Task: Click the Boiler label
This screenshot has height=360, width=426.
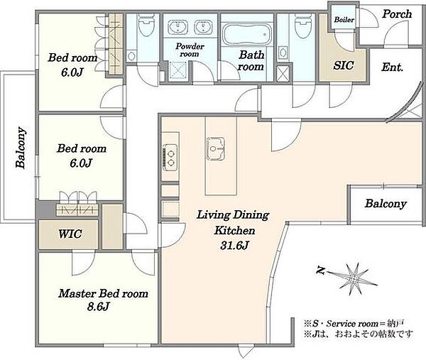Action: coord(344,20)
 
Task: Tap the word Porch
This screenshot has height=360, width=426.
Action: coord(397,14)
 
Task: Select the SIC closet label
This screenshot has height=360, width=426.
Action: coord(344,65)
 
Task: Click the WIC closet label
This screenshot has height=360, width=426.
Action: coord(70,234)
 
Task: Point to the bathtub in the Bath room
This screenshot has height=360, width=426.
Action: coord(247,33)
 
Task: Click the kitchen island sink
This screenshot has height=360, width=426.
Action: coord(216,148)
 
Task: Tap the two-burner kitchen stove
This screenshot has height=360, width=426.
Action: coord(170,158)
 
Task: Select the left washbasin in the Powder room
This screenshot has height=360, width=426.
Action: coord(177,27)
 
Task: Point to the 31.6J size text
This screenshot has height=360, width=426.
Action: coord(234,246)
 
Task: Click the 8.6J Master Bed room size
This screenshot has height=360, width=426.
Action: coord(98,307)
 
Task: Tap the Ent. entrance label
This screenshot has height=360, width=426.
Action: coord(392,67)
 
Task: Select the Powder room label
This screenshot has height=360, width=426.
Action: coord(190,50)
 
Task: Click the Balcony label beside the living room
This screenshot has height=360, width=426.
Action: coord(386,204)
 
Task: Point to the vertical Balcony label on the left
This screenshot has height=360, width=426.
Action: coord(21,147)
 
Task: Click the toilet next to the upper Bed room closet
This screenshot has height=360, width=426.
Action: coord(146,25)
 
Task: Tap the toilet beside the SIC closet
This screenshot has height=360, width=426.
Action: coord(302,26)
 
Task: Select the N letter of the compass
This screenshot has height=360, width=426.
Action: coord(321,271)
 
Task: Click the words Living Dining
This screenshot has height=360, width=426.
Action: coord(233,215)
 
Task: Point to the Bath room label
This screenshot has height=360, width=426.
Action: coord(251,61)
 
